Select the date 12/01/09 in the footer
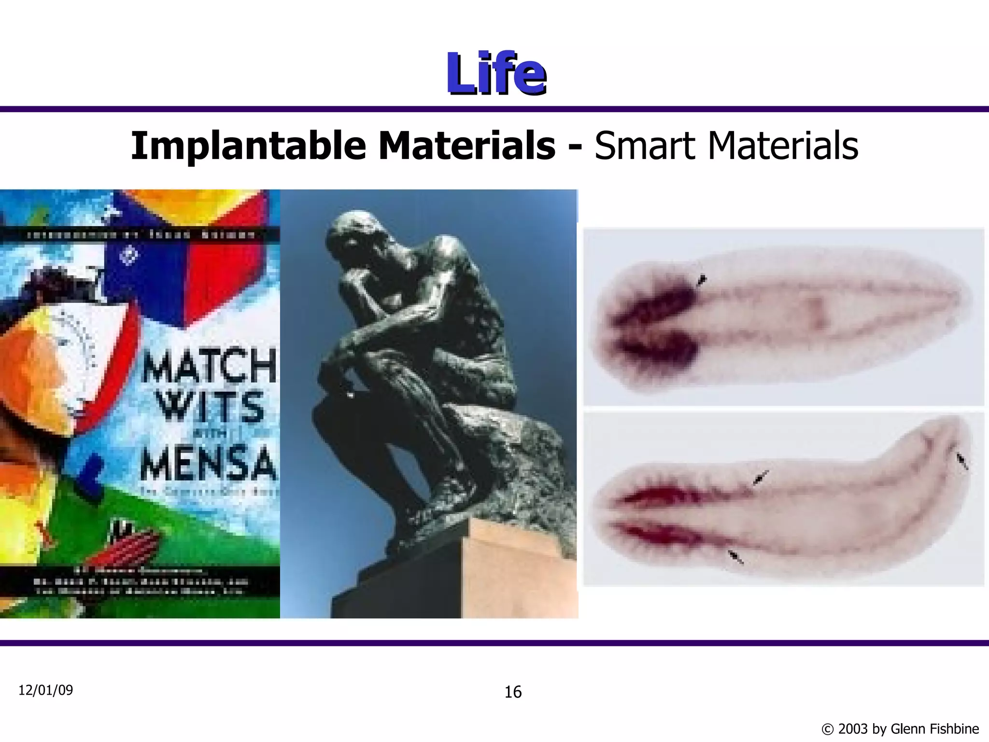(x=45, y=690)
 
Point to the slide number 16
(x=513, y=692)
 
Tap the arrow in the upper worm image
(x=701, y=280)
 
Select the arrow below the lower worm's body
(x=736, y=557)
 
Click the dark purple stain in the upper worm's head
(x=662, y=309)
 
